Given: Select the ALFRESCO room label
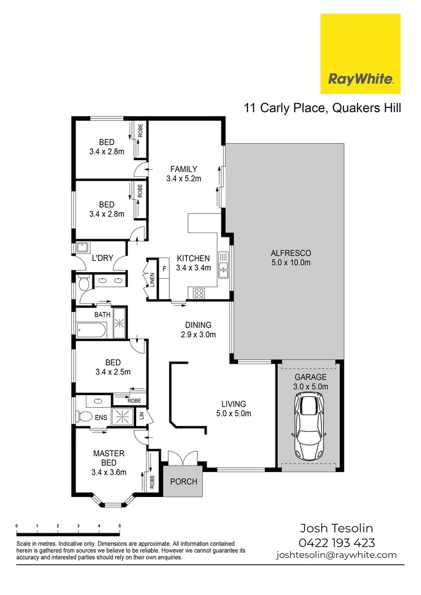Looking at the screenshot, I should [291, 258].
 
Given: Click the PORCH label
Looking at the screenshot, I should [183, 482].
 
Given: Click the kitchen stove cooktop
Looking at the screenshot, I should [198, 293].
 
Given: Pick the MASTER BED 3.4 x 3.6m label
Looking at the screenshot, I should [109, 463].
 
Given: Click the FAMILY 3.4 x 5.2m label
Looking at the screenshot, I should [183, 174].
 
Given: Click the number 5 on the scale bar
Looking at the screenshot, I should [120, 526].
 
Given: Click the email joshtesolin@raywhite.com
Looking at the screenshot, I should [336, 555].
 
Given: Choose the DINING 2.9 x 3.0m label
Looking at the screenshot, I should [198, 329].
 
